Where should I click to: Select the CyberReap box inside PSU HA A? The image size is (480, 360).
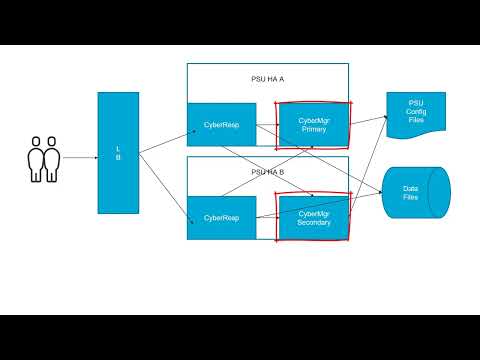pyautogui.click(x=221, y=125)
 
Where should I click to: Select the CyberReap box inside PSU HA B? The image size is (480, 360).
pyautogui.click(x=221, y=217)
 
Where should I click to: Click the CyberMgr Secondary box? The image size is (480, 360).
pyautogui.click(x=313, y=217)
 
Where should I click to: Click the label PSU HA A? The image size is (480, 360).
pyautogui.click(x=267, y=78)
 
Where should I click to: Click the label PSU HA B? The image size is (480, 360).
pyautogui.click(x=267, y=171)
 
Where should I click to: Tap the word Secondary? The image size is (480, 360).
pyautogui.click(x=313, y=222)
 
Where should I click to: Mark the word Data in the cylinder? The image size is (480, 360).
pyautogui.click(x=410, y=187)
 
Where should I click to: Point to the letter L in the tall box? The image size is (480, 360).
pyautogui.click(x=118, y=149)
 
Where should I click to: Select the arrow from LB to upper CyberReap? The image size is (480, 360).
pyautogui.click(x=164, y=140)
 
